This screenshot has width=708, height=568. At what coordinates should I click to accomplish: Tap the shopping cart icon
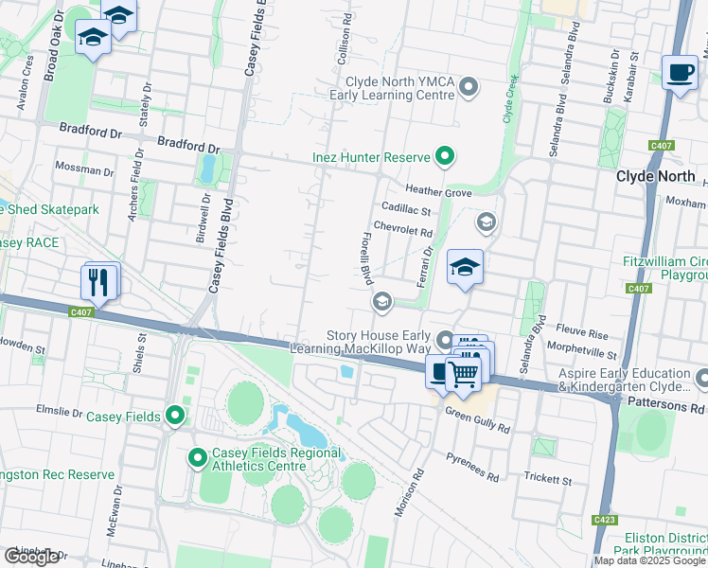463,373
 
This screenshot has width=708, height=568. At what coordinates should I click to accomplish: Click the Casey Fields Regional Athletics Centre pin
198,459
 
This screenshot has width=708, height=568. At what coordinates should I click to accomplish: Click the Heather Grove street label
438,192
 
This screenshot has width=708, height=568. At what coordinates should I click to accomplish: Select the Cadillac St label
406,210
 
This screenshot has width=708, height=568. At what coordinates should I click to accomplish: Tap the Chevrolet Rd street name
402,228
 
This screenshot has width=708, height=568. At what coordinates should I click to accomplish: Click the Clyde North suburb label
655,176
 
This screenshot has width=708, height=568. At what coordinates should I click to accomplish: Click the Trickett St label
548,481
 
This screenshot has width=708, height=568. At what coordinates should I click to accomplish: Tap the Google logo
31,557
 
